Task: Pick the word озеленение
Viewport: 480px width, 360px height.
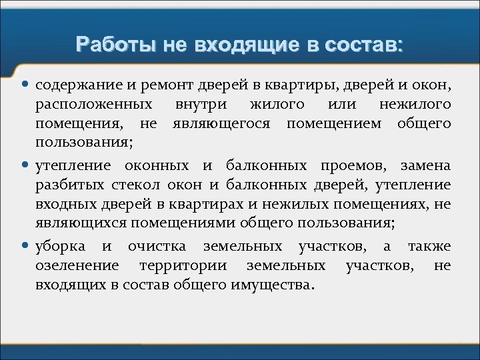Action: tap(78, 266)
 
